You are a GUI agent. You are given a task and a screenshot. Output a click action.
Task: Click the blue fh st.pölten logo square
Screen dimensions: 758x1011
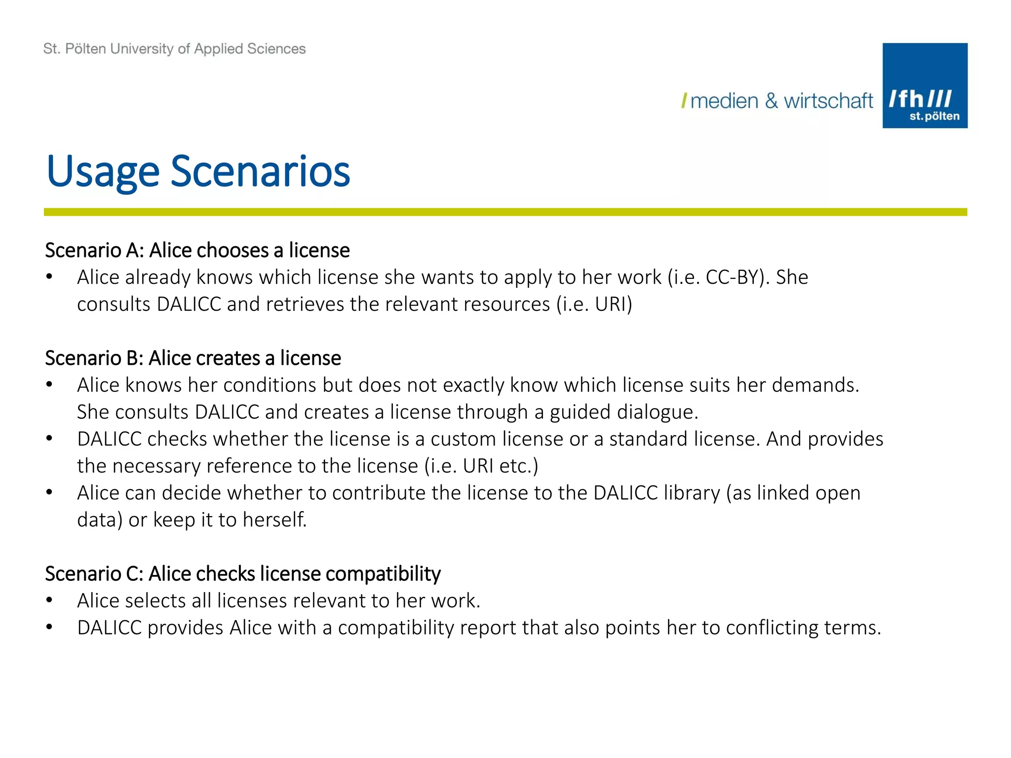(x=925, y=85)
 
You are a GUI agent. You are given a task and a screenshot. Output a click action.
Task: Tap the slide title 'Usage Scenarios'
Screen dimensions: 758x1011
(x=198, y=171)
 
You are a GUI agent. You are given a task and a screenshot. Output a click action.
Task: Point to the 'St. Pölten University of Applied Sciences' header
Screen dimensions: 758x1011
(x=174, y=49)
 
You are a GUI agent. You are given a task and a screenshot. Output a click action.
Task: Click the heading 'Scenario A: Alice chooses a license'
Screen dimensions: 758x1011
(x=197, y=250)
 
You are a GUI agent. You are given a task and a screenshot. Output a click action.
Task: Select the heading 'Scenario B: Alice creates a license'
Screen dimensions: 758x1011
(x=193, y=358)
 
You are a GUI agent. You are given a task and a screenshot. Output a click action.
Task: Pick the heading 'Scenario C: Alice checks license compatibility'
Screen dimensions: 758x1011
(x=242, y=573)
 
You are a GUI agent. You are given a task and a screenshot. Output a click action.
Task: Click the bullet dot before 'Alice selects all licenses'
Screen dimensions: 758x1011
(x=49, y=601)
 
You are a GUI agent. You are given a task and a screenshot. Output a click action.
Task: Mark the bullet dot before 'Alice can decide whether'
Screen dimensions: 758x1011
(x=49, y=493)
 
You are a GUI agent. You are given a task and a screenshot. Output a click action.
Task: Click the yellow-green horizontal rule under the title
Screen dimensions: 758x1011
(x=505, y=212)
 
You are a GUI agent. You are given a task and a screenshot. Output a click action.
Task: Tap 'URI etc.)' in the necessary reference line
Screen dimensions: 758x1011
(x=500, y=466)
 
